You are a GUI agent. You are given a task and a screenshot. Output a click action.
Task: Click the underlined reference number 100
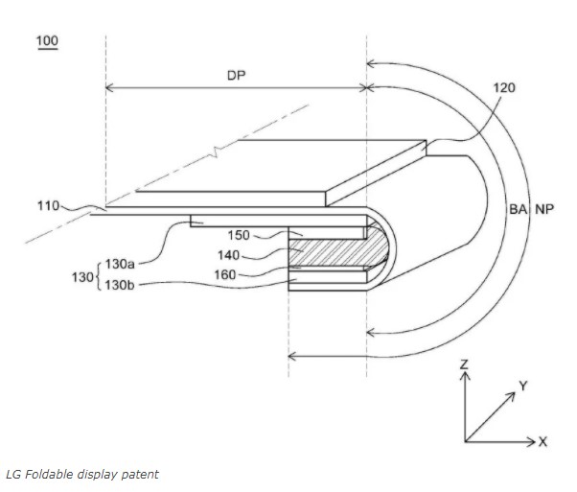pos(48,41)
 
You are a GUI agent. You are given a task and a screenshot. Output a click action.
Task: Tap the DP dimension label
pos(236,76)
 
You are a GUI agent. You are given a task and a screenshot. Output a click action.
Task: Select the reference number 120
pos(504,88)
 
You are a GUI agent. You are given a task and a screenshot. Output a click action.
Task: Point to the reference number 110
pos(48,206)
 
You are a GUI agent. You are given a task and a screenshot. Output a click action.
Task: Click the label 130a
pos(120,264)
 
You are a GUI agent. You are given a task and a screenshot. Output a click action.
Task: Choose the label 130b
pos(120,285)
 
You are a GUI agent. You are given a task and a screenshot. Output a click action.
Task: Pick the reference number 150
pos(239,235)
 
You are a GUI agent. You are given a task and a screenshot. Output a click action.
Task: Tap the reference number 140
pos(228,255)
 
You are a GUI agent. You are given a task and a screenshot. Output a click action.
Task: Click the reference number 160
pos(225,274)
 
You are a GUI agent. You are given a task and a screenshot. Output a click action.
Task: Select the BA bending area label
pos(518,209)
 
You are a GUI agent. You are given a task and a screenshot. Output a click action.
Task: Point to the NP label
pos(544,209)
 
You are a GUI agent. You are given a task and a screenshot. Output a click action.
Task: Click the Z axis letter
pos(465,364)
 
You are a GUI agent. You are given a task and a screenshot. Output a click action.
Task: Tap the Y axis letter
pos(523,386)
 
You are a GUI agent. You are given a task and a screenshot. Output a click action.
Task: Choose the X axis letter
pos(543,441)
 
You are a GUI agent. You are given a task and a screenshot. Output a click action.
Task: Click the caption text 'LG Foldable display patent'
pos(82,475)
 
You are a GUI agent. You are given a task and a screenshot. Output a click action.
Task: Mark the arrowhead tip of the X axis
pos(536,441)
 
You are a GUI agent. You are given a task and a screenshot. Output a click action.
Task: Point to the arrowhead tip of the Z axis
pos(465,372)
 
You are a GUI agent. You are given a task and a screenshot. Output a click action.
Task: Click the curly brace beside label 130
pos(99,275)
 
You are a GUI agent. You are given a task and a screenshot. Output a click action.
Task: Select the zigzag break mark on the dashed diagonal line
pos(216,152)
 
